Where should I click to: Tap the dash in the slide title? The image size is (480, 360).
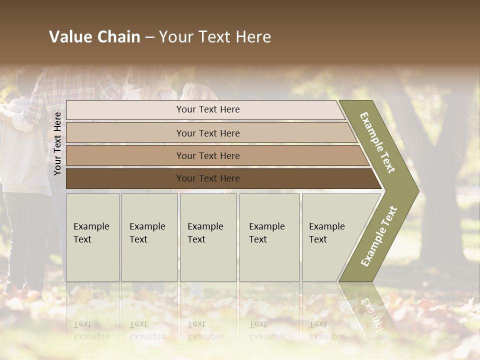click(x=149, y=37)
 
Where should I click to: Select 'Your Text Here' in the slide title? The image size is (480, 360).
click(x=215, y=37)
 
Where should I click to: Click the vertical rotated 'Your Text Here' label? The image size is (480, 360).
click(x=57, y=143)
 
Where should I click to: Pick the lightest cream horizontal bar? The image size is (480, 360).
click(x=208, y=109)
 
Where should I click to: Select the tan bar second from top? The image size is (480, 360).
click(x=208, y=133)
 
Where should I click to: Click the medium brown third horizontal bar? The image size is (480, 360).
click(x=208, y=155)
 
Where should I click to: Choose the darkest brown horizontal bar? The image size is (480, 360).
click(x=208, y=178)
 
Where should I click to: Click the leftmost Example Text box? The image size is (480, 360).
click(x=92, y=237)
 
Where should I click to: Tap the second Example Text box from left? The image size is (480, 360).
click(x=149, y=237)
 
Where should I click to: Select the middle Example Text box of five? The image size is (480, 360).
click(x=208, y=237)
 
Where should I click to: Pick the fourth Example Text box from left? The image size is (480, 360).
click(x=269, y=237)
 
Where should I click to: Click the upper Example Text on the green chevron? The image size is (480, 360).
click(x=377, y=142)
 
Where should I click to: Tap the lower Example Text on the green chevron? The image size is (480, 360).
click(x=379, y=236)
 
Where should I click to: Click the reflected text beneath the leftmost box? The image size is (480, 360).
click(x=91, y=330)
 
